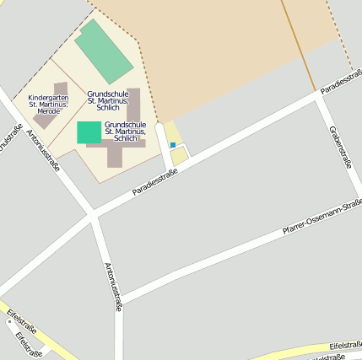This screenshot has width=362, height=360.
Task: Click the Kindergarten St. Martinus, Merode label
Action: point(47,105)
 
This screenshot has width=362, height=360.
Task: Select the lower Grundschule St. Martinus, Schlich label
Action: point(126,131)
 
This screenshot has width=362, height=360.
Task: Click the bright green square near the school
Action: point(89,132)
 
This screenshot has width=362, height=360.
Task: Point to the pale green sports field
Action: point(104,51)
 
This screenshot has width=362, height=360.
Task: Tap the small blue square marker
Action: point(173,145)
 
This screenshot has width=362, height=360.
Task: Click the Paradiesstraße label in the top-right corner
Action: point(341,82)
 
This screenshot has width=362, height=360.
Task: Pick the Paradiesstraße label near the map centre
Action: point(154,183)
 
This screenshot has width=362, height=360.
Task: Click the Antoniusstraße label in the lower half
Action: point(113,287)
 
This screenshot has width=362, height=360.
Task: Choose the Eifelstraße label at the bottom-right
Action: point(345,346)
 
